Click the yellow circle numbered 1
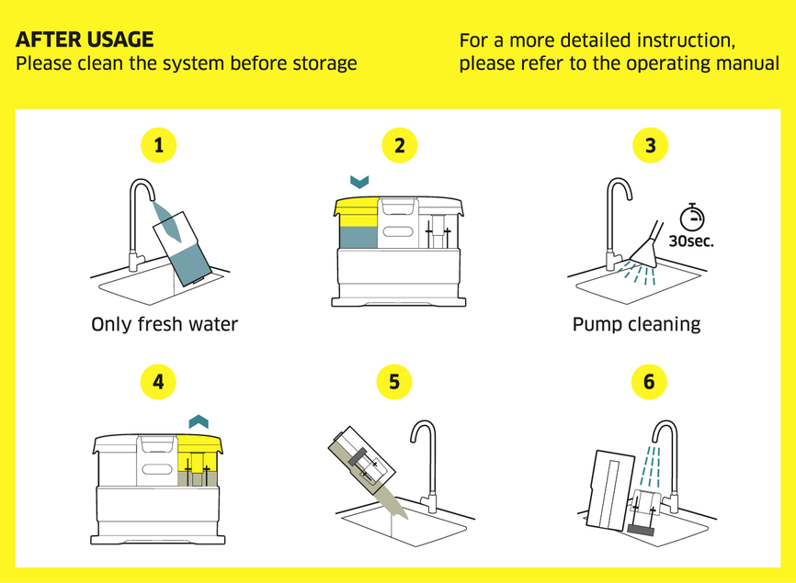point(159,145)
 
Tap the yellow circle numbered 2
point(399,145)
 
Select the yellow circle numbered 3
point(651,145)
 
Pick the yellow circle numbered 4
point(159,381)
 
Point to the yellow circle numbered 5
point(395,381)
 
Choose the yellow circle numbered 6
point(649,381)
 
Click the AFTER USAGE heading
point(85,39)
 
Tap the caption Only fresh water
point(165,324)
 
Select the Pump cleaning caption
point(636,324)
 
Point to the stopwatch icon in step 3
point(691,218)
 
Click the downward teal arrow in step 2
point(360,182)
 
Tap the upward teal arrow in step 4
point(199,420)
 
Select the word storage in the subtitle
point(322,64)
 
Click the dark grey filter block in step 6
point(640,529)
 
